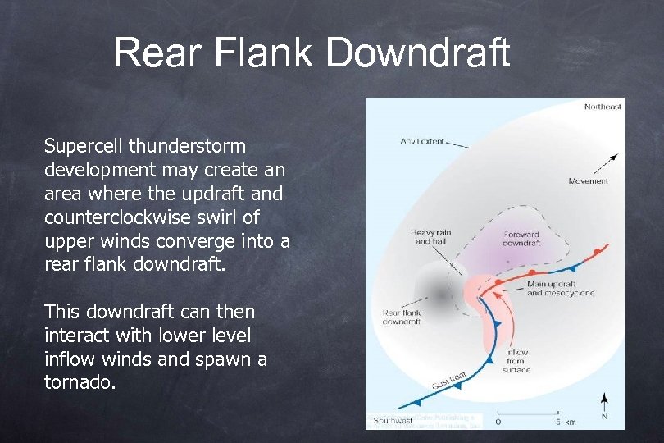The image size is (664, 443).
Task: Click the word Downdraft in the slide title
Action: click(x=418, y=53)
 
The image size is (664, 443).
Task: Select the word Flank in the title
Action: click(x=261, y=53)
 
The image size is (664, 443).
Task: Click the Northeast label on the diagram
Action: click(x=603, y=107)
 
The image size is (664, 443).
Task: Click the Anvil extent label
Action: click(x=422, y=141)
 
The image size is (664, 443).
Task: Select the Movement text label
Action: click(x=589, y=180)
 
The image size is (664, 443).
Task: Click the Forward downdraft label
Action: click(x=521, y=239)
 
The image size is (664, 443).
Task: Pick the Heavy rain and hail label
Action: click(x=431, y=237)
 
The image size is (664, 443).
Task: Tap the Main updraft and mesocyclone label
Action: click(x=561, y=288)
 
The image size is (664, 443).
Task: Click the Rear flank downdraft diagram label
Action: click(x=402, y=317)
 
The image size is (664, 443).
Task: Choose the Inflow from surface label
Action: click(x=516, y=361)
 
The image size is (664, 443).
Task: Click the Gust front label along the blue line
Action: click(x=449, y=381)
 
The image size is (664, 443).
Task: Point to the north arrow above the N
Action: click(x=604, y=402)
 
